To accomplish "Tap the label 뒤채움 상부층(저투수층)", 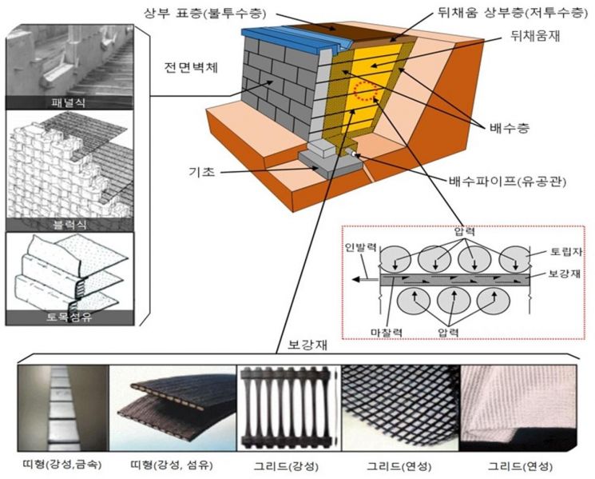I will (496, 14).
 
